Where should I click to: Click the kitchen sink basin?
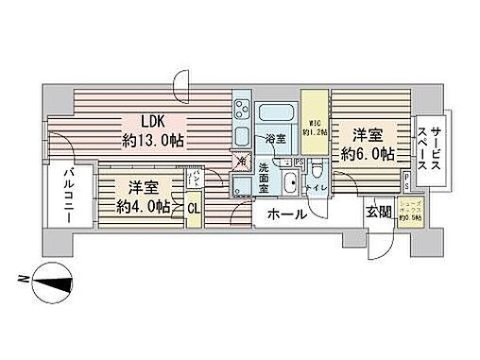click(241, 136)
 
